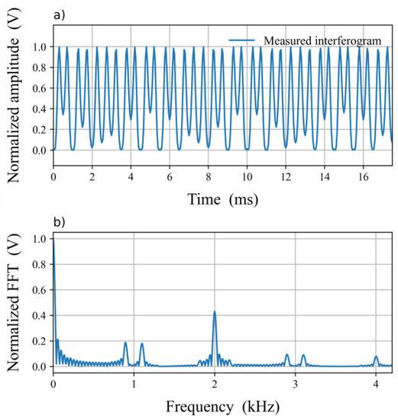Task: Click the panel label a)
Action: point(59,13)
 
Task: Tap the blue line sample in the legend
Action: point(244,40)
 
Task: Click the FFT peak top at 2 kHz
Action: point(215,312)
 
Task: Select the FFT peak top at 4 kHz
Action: point(376,357)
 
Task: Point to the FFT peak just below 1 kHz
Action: point(126,343)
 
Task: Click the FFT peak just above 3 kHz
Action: point(303,355)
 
